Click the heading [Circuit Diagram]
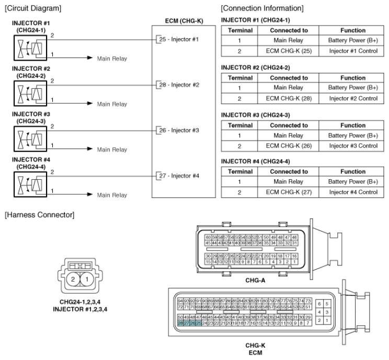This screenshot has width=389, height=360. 30,8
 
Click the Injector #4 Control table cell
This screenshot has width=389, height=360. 353,192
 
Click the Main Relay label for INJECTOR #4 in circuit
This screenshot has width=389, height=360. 112,195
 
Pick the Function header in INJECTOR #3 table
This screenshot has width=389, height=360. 353,125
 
